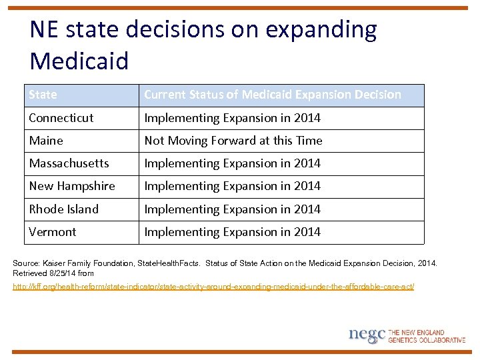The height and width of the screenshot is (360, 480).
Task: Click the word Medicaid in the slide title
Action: (x=79, y=61)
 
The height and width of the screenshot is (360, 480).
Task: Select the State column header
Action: (x=43, y=95)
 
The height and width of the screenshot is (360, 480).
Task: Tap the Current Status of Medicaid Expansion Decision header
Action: (x=273, y=95)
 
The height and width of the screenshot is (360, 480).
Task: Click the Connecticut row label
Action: (x=61, y=118)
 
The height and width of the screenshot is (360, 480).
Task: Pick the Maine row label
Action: (x=46, y=141)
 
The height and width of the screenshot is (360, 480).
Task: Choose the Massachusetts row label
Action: (x=69, y=163)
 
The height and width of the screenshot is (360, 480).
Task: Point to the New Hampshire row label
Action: (x=72, y=186)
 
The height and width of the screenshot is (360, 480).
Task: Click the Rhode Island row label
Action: (x=64, y=209)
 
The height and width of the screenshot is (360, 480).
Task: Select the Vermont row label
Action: (x=53, y=232)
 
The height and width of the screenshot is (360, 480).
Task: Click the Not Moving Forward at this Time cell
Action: (x=233, y=141)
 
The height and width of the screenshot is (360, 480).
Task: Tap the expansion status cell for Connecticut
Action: (x=233, y=118)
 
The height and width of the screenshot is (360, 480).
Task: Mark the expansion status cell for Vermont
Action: (x=233, y=232)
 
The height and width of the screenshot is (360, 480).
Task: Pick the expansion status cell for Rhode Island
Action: (x=233, y=209)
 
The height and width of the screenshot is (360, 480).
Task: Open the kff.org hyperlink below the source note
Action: (x=213, y=287)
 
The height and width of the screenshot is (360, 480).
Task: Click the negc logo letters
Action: (x=367, y=335)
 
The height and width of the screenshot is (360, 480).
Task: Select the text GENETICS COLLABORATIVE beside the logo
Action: (x=427, y=340)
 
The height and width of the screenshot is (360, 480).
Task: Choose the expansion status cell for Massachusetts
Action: (x=233, y=163)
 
